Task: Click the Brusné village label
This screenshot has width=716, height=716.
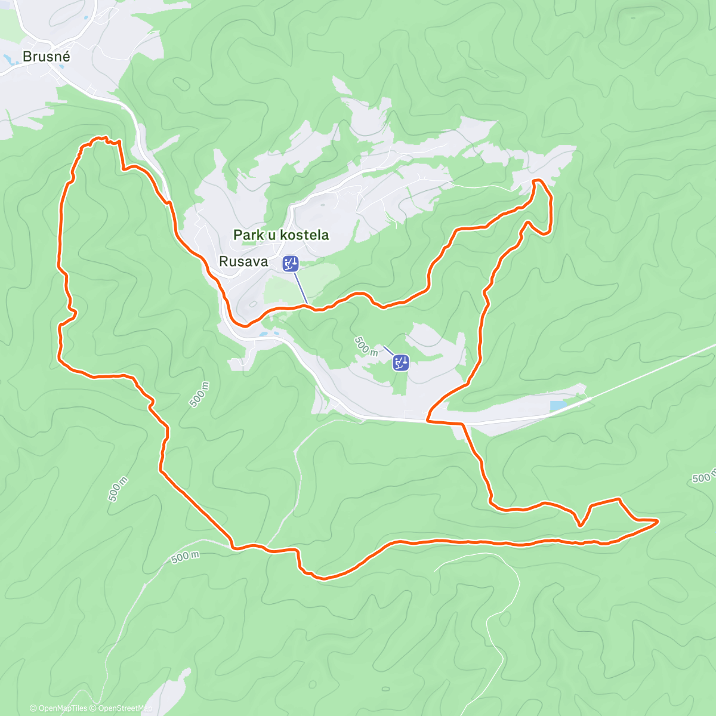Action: (47, 57)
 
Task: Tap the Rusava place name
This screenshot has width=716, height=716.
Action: (243, 261)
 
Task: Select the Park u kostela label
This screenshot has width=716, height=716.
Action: (280, 235)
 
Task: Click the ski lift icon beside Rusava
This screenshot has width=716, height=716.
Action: (291, 263)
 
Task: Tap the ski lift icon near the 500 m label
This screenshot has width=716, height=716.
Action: (400, 362)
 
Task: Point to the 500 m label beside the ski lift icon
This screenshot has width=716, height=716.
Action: (366, 346)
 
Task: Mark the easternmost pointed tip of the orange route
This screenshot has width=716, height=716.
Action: (658, 521)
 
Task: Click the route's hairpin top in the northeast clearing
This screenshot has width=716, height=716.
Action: (536, 180)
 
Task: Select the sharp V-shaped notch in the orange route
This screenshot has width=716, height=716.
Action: (580, 525)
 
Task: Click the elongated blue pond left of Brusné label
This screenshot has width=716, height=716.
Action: (9, 59)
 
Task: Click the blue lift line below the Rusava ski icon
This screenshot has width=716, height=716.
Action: (300, 288)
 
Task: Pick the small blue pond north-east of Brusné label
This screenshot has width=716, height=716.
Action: (87, 18)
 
